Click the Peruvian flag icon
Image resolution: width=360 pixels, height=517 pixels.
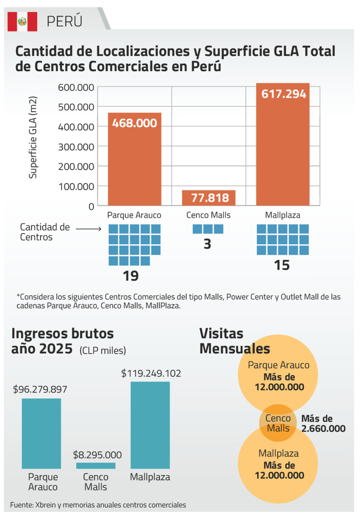(x=22, y=22)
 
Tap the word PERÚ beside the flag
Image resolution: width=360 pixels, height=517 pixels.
(x=65, y=22)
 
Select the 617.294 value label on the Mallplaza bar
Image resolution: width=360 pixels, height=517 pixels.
(x=283, y=94)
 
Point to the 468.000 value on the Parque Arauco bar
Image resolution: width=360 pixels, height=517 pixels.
(x=134, y=123)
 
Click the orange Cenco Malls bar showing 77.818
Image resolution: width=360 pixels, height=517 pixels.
(x=209, y=198)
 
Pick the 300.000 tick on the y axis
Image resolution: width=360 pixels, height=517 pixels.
(x=76, y=147)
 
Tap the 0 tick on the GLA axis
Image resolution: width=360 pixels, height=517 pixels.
(x=91, y=206)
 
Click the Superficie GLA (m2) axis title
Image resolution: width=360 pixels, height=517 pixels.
(x=33, y=137)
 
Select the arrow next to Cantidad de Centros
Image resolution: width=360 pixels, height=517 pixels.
(x=88, y=229)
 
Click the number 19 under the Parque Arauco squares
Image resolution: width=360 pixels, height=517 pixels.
(x=130, y=276)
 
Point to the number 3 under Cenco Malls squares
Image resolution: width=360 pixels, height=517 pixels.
(x=207, y=244)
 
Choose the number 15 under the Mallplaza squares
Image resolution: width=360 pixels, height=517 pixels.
(x=282, y=266)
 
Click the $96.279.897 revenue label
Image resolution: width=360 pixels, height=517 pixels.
(x=40, y=389)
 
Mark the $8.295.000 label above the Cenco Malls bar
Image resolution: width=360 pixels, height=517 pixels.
(x=97, y=455)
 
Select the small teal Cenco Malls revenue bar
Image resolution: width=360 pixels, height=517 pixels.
(x=96, y=466)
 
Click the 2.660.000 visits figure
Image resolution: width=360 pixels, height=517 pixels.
(x=323, y=428)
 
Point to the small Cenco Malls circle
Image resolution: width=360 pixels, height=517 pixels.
(x=278, y=423)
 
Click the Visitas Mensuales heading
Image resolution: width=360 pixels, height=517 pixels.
(x=234, y=341)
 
